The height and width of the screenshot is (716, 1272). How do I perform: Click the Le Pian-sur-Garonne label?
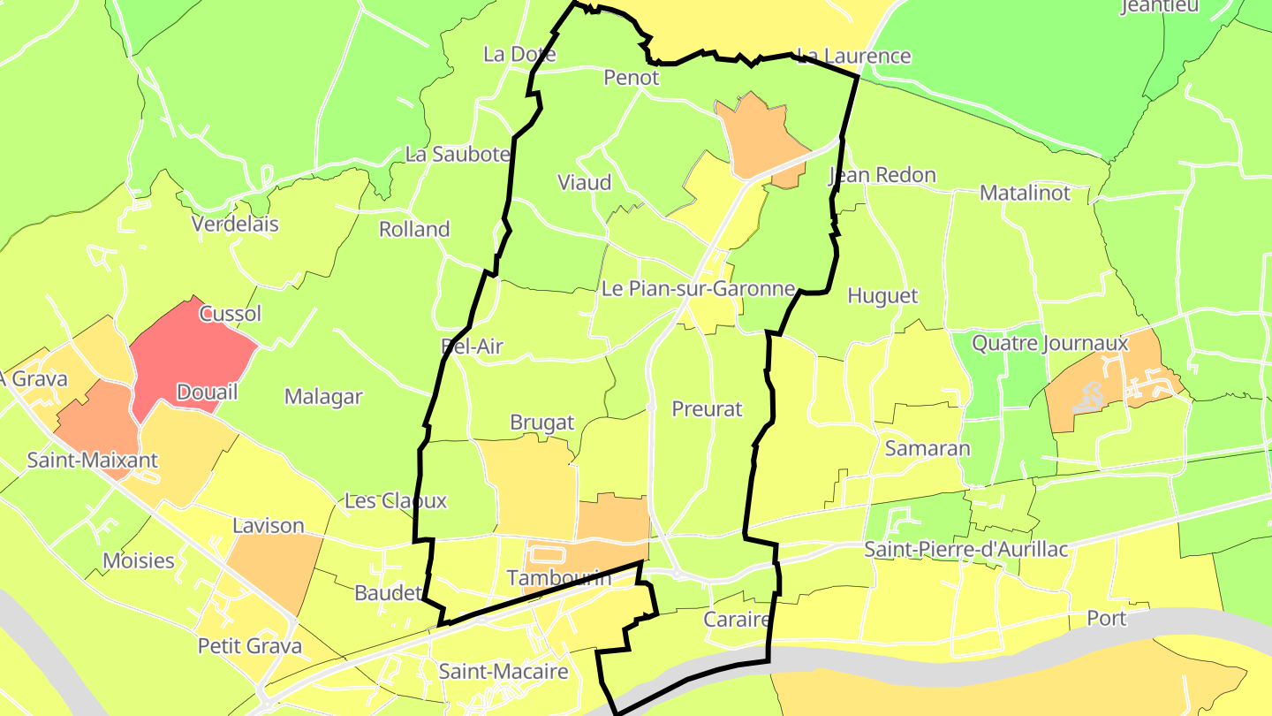(698, 288)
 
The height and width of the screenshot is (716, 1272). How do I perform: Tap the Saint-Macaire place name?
(503, 672)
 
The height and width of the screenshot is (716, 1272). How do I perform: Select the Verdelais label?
(235, 225)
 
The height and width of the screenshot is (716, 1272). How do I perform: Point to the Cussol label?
(231, 314)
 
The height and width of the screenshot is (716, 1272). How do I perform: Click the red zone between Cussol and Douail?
(190, 354)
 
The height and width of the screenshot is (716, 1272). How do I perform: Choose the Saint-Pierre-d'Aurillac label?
(966, 550)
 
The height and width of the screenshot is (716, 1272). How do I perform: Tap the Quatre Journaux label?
(1050, 343)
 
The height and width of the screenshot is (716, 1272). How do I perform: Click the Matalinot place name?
(1025, 193)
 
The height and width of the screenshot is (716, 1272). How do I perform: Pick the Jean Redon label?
(882, 175)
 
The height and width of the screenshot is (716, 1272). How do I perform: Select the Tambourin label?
(559, 578)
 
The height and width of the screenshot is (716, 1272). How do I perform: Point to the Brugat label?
(542, 423)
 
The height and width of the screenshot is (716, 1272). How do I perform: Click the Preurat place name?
(707, 409)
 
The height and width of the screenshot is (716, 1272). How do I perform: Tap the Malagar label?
(323, 397)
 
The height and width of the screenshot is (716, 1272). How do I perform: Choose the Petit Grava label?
(250, 646)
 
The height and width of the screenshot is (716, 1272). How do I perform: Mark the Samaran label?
(927, 448)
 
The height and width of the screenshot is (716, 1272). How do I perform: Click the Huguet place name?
(882, 296)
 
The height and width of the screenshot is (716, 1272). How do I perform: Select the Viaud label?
(585, 183)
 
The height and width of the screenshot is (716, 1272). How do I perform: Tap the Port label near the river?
(1107, 619)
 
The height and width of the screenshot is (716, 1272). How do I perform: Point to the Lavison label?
(269, 526)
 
